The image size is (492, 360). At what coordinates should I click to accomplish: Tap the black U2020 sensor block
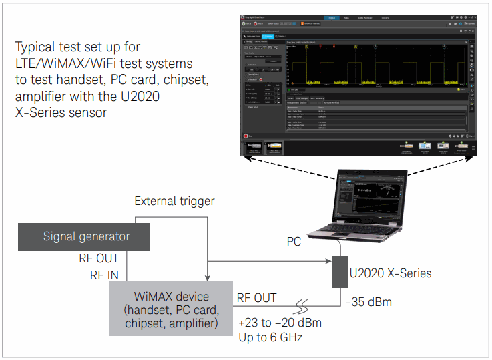pyautogui.click(x=342, y=271)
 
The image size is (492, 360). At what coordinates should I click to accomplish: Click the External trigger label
pyautogui.click(x=174, y=201)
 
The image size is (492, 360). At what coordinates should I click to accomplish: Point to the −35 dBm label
pyautogui.click(x=368, y=302)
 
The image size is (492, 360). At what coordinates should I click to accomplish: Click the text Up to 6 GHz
pyautogui.click(x=270, y=337)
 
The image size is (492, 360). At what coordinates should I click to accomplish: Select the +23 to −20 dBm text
pyautogui.click(x=280, y=323)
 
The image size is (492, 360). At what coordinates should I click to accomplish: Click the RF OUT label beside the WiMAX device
pyautogui.click(x=257, y=297)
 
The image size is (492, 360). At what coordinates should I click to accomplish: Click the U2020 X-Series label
pyautogui.click(x=391, y=273)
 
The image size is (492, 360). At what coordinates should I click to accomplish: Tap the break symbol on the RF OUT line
pyautogui.click(x=308, y=309)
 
